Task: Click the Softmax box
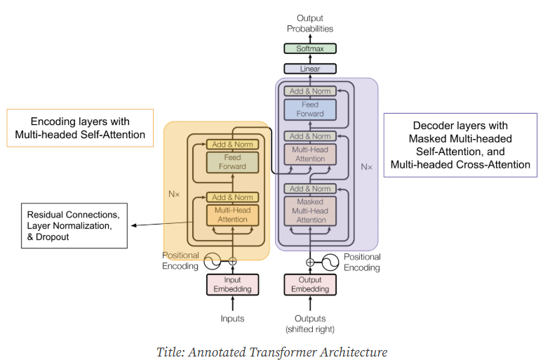pyautogui.click(x=309, y=48)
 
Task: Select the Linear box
pyautogui.click(x=309, y=69)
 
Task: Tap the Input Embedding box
pyautogui.click(x=232, y=284)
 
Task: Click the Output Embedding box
pyautogui.click(x=309, y=284)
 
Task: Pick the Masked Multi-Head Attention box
pyautogui.click(x=309, y=210)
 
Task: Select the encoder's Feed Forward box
pyautogui.click(x=232, y=162)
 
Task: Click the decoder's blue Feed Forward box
pyautogui.click(x=309, y=109)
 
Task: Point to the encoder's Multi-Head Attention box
pyautogui.click(x=232, y=215)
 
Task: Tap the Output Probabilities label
pyautogui.click(x=309, y=23)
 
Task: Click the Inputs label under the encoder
pyautogui.click(x=232, y=319)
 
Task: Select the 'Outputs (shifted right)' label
pyautogui.click(x=309, y=324)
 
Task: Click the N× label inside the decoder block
pyautogui.click(x=366, y=167)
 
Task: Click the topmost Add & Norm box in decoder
pyautogui.click(x=309, y=91)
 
